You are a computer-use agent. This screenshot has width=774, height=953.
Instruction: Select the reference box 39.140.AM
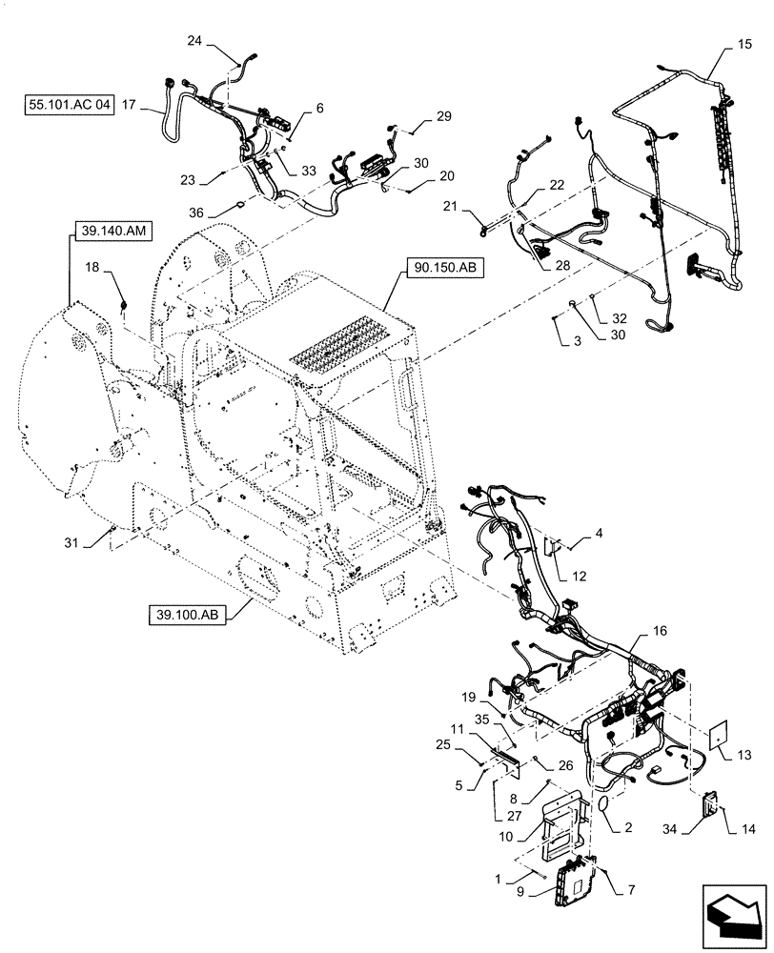pos(106,229)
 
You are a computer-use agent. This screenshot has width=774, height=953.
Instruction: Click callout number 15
pos(743,44)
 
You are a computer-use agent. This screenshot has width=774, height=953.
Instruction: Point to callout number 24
pos(194,41)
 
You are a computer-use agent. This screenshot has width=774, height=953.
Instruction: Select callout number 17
pos(130,106)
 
